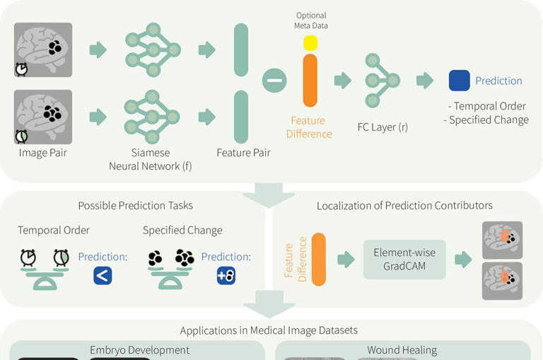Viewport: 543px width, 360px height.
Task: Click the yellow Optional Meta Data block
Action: tap(310, 42)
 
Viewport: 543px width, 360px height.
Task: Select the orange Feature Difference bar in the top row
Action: tap(310, 81)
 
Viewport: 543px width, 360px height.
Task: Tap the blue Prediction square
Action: tap(459, 81)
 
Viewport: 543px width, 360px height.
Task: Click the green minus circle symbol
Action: tap(274, 81)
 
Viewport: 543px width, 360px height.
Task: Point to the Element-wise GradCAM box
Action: tap(404, 260)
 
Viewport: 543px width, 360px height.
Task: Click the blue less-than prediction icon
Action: tap(103, 275)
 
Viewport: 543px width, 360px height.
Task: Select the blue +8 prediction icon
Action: tap(226, 275)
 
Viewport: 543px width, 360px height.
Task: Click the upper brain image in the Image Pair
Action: tap(44, 50)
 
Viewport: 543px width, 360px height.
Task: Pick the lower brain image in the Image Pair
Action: tap(44, 117)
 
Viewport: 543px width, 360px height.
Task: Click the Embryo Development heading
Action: tap(139, 350)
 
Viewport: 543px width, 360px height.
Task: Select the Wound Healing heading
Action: tap(402, 350)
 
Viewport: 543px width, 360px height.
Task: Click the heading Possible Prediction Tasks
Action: tap(135, 206)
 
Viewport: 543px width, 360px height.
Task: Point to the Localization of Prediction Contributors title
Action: tap(404, 206)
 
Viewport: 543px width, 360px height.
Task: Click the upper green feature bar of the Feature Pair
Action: tap(241, 50)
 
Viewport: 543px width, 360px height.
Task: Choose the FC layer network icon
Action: tap(383, 81)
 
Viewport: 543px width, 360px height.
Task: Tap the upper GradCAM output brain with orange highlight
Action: tap(502, 240)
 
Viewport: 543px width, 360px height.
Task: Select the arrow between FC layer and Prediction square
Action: tap(424, 81)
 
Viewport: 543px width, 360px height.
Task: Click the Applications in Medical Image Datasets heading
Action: tap(269, 330)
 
